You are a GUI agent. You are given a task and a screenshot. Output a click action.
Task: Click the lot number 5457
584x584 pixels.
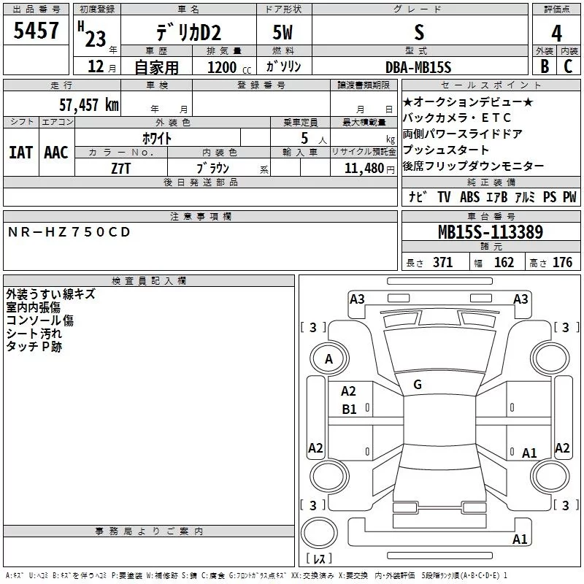(x=36, y=31)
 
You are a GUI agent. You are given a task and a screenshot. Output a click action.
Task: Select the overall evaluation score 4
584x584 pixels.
(x=557, y=34)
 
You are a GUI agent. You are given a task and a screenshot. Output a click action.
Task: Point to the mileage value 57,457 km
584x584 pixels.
(x=88, y=105)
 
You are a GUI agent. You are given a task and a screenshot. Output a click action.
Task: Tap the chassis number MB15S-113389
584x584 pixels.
(x=490, y=232)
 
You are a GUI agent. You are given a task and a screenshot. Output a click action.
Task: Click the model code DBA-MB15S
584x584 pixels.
(x=418, y=67)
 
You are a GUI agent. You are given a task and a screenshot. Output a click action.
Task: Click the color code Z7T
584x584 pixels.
(x=121, y=168)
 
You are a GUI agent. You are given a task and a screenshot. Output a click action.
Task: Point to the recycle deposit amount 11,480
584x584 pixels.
(x=362, y=168)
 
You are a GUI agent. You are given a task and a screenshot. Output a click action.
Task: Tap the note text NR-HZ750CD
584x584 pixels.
(x=69, y=232)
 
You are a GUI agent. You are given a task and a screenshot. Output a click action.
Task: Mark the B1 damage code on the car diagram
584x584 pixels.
(x=350, y=410)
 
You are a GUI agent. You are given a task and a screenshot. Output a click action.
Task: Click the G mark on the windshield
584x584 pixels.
(x=418, y=385)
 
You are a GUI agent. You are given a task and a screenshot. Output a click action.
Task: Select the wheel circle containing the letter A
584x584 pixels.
(x=328, y=359)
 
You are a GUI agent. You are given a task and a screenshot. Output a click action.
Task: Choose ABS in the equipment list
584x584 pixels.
(x=469, y=197)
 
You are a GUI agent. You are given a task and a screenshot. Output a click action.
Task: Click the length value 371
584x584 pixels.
(x=442, y=263)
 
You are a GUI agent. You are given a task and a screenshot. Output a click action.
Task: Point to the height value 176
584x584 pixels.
(x=562, y=263)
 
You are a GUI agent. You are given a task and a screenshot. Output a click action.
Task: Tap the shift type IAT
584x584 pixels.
(x=20, y=153)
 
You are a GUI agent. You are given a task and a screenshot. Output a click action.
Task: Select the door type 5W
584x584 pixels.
(x=283, y=33)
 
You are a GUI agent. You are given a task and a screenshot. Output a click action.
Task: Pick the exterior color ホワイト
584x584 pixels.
(x=157, y=137)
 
